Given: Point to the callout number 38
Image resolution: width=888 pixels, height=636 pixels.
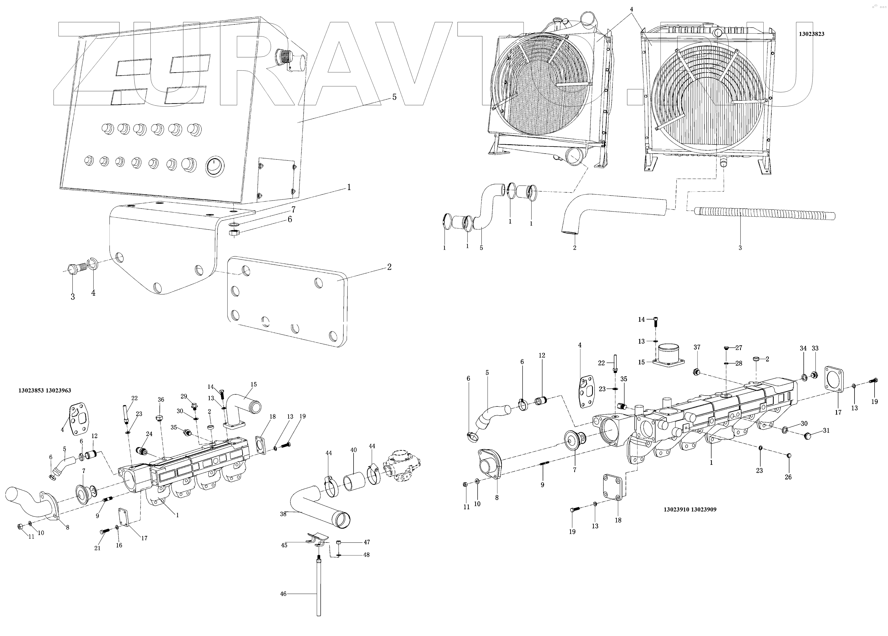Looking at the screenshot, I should (x=283, y=514).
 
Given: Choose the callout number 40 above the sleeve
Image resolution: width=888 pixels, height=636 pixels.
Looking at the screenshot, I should (x=353, y=450).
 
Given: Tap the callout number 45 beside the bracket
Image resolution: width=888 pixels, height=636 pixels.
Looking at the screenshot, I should (x=284, y=545).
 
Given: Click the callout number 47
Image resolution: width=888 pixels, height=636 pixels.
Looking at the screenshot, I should (x=366, y=542).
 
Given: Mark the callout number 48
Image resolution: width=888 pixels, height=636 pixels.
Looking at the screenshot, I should (x=366, y=555).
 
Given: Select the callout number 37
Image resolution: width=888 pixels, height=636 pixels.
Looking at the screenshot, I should (x=697, y=347).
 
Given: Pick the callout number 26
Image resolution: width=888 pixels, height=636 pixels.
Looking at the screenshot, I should (x=788, y=477).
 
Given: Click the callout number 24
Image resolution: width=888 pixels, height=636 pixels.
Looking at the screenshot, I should (x=149, y=434).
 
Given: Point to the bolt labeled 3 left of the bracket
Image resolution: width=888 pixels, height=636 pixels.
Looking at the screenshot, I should (x=75, y=270).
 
